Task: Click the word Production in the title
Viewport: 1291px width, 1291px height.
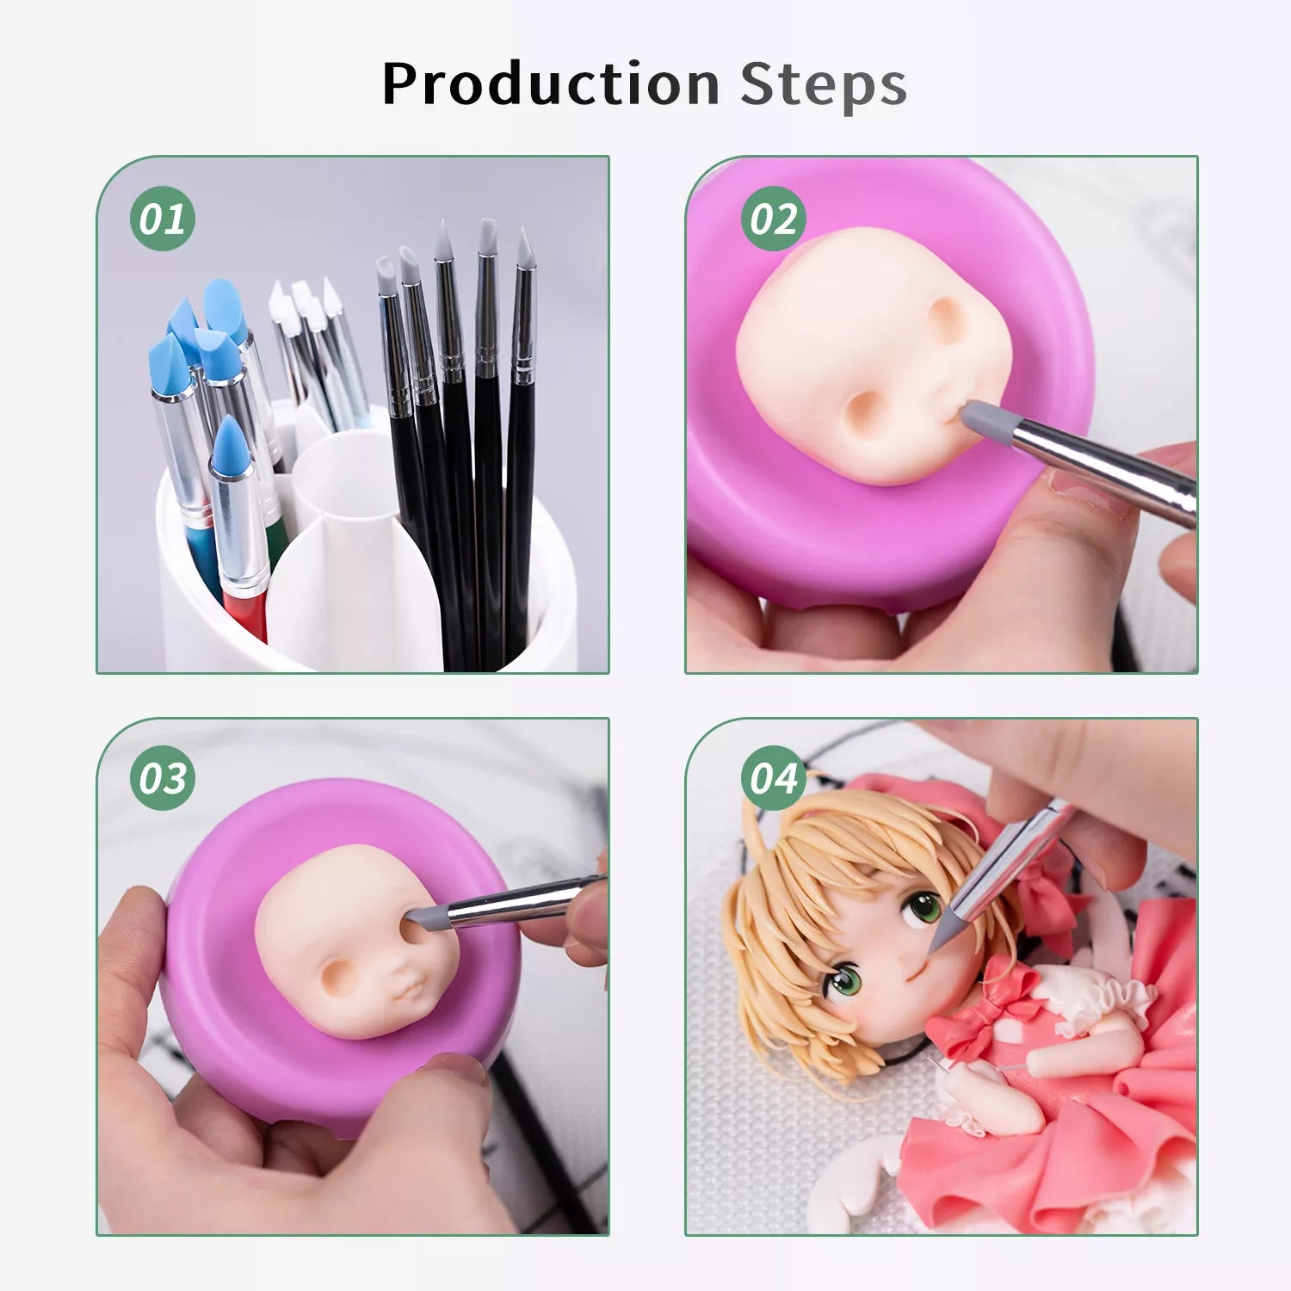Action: (551, 83)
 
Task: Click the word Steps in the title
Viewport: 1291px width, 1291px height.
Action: (824, 84)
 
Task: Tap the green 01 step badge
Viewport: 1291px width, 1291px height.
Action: (163, 219)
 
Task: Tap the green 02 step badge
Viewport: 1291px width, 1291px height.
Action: (774, 219)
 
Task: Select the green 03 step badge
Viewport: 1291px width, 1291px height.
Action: (163, 778)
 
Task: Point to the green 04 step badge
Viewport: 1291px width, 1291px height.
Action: (774, 778)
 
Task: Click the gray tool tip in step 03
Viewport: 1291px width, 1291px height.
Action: (426, 917)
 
